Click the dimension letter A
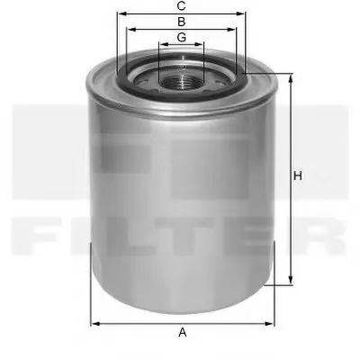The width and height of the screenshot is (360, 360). point(182,333)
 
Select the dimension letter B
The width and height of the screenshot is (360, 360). point(181,21)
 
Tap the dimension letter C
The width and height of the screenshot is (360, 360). point(181,5)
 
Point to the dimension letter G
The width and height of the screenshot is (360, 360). point(181,37)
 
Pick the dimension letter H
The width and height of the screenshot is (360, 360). point(298,176)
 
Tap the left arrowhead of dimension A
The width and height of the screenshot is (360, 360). point(94,322)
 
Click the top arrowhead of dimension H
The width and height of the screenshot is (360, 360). point(290,79)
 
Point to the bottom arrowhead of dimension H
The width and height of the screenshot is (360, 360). point(290,281)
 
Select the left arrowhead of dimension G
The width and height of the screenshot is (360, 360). point(161,45)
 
